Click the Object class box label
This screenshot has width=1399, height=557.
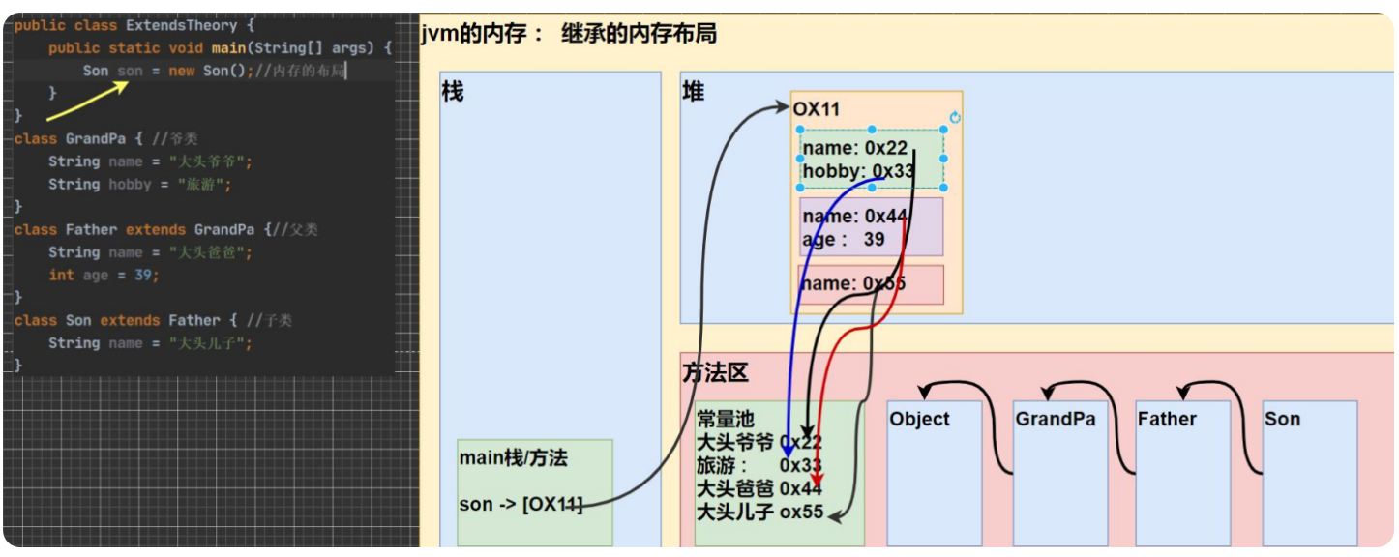[x=919, y=419]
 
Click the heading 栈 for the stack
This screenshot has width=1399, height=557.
[x=453, y=92]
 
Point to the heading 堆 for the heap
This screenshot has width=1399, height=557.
[x=694, y=92]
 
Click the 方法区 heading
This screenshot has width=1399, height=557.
[x=715, y=373]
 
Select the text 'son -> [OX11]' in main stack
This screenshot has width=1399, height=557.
[x=521, y=505]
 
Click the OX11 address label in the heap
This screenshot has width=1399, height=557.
[x=817, y=109]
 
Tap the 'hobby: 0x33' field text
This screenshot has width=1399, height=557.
[x=857, y=171]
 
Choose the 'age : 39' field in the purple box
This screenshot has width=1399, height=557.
[x=844, y=239]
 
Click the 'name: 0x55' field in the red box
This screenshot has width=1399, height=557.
[x=853, y=283]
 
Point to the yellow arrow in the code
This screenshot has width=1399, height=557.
[x=87, y=101]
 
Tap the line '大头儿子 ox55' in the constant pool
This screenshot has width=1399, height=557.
[x=759, y=512]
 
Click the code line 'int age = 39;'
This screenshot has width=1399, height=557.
[x=104, y=275]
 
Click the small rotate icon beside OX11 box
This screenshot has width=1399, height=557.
[x=955, y=117]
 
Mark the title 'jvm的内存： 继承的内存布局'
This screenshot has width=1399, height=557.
[x=569, y=35]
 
